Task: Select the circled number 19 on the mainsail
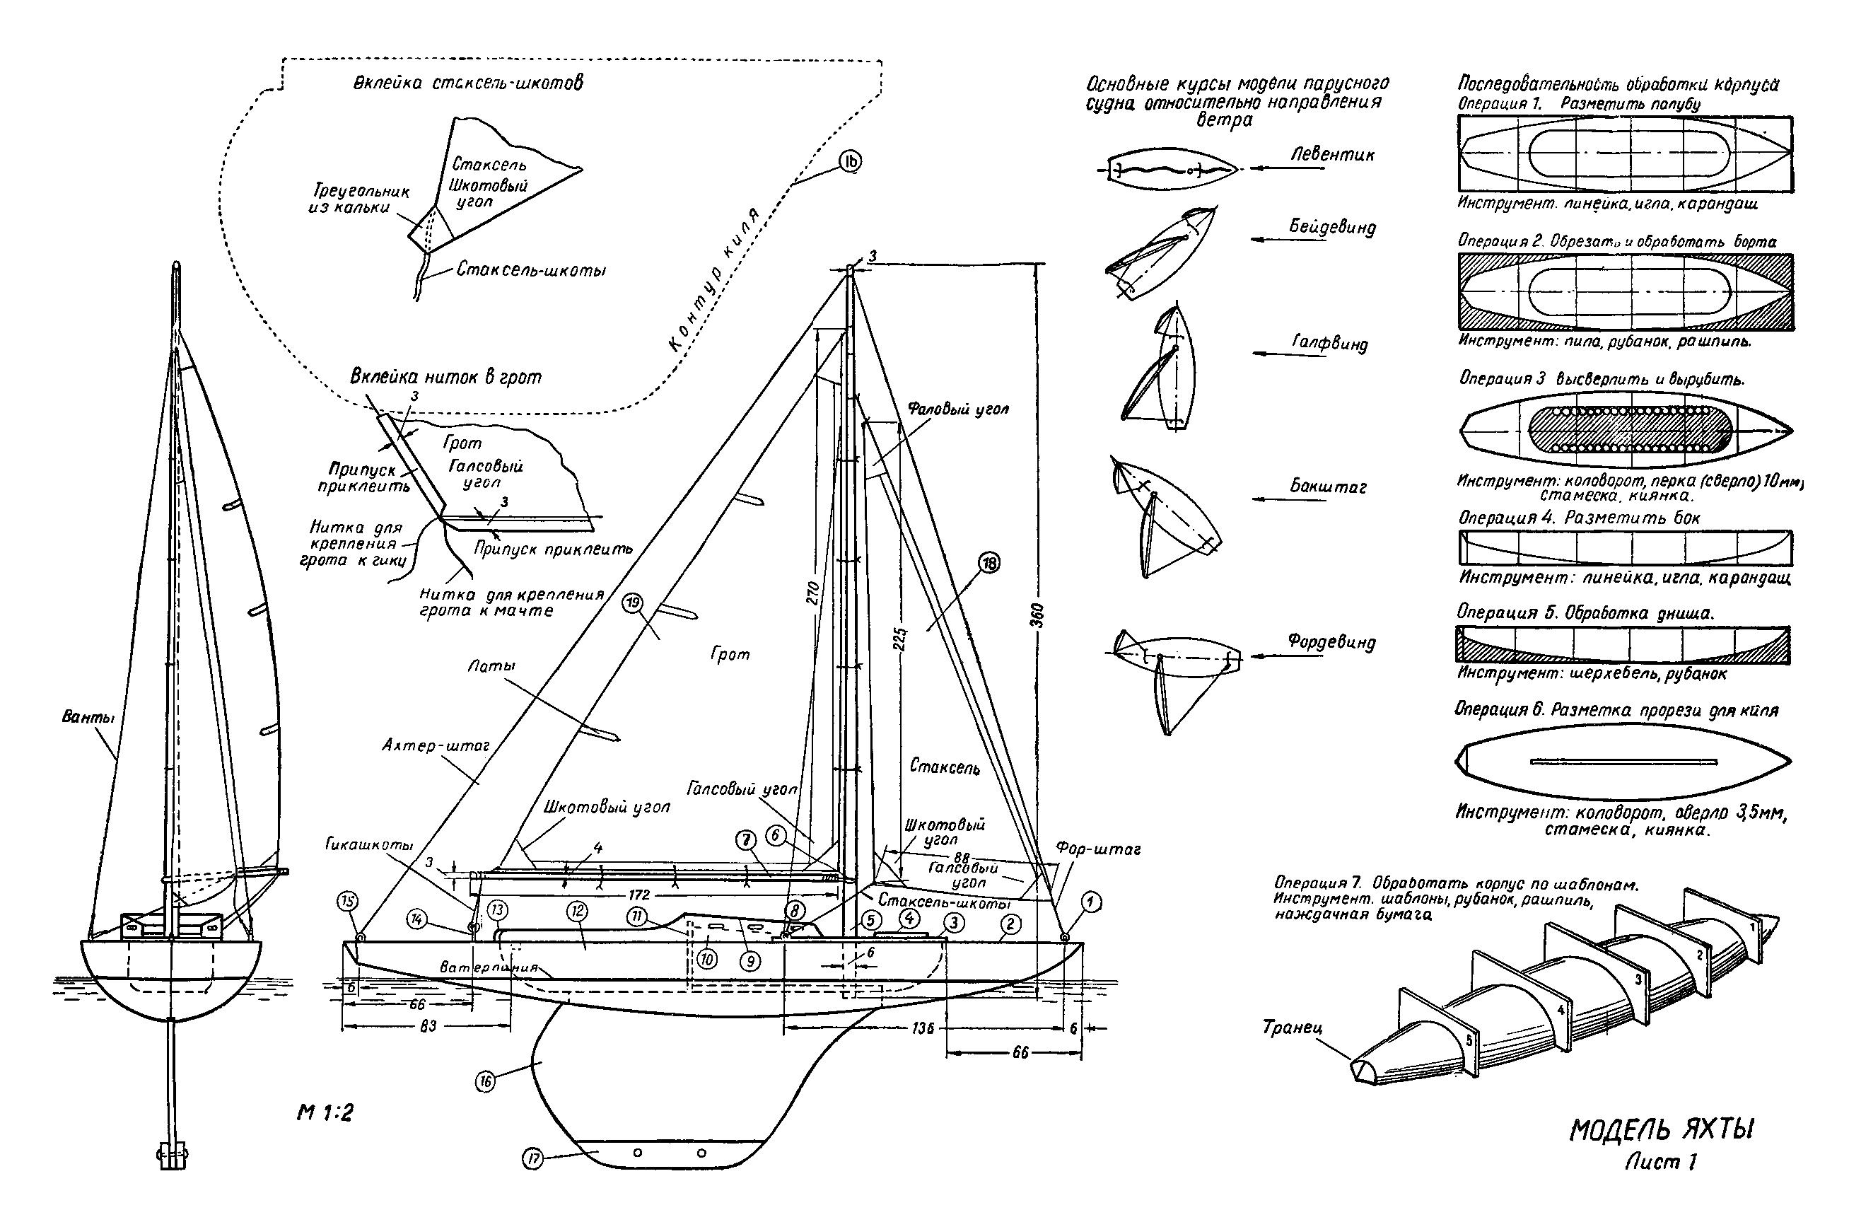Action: [x=633, y=602]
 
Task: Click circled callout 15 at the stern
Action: [x=346, y=901]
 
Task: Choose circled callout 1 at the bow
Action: [x=1090, y=902]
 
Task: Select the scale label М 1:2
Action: [x=325, y=1113]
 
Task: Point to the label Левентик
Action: [x=1332, y=154]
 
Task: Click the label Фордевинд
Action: [x=1331, y=642]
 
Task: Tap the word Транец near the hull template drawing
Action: [x=1293, y=1027]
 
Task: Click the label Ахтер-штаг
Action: [x=435, y=746]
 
